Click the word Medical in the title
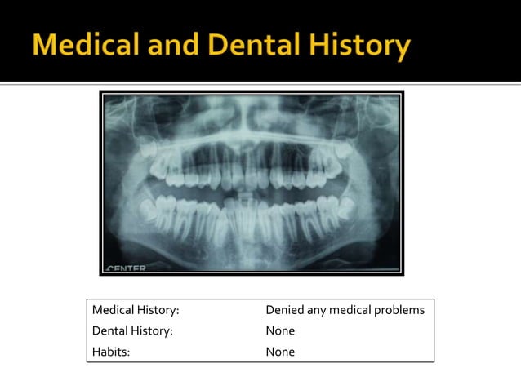pyautogui.click(x=88, y=46)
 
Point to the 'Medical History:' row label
pyautogui.click(x=136, y=310)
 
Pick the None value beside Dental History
pyautogui.click(x=280, y=331)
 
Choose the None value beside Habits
pyautogui.click(x=280, y=352)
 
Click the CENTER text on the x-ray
pyautogui.click(x=126, y=267)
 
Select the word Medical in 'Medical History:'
pyautogui.click(x=114, y=310)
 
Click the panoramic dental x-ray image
pyautogui.click(x=252, y=183)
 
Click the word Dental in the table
pyautogui.click(x=109, y=331)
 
